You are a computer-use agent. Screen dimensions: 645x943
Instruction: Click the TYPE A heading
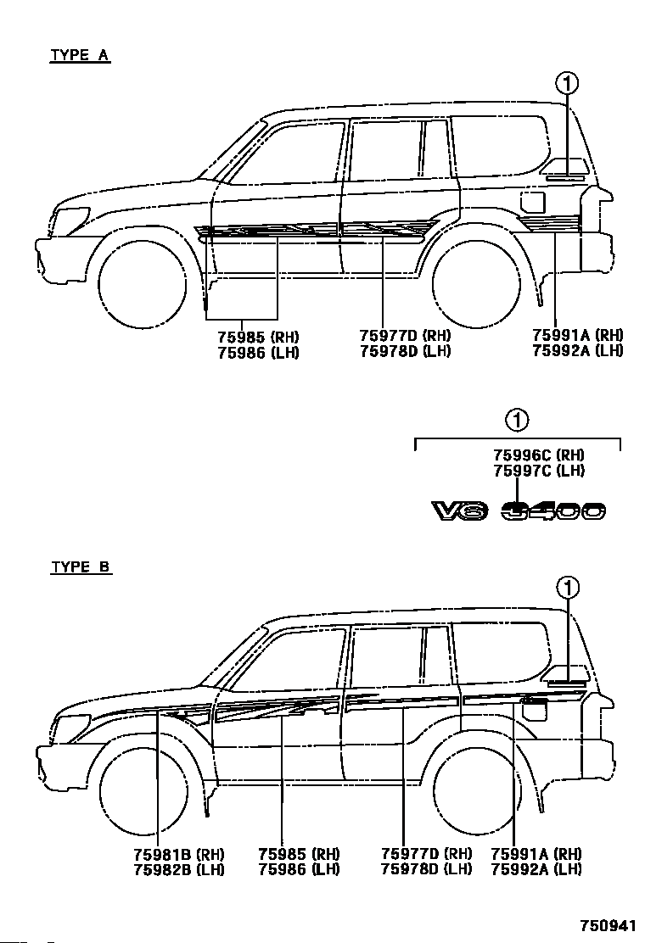tap(80, 55)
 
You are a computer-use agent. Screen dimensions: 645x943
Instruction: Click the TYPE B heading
tap(81, 567)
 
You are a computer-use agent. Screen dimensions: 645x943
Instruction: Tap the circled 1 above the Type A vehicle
tap(567, 84)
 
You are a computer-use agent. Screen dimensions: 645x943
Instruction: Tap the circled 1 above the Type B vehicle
tap(568, 588)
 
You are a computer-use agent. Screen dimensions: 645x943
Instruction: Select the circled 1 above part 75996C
tap(518, 421)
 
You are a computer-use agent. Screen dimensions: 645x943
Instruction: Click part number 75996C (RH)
tap(539, 455)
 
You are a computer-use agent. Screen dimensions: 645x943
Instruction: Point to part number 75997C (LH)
tap(539, 471)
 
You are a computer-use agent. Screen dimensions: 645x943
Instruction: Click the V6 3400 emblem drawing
tap(519, 511)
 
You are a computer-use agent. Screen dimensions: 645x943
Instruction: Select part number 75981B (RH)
tap(179, 854)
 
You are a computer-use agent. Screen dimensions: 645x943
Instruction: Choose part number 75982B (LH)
tap(179, 869)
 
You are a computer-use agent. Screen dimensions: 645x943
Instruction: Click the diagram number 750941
tap(608, 924)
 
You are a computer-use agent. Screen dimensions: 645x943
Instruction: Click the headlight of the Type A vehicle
tap(70, 219)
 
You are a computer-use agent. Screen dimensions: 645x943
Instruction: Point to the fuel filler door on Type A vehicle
tap(532, 203)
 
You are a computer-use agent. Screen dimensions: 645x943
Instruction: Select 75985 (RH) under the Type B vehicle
tap(299, 854)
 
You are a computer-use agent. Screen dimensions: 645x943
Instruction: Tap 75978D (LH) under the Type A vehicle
tap(406, 351)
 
